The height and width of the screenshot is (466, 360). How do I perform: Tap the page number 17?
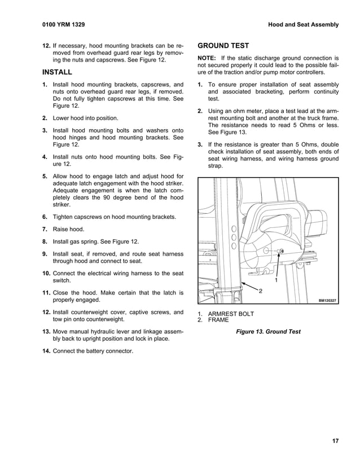[335, 441]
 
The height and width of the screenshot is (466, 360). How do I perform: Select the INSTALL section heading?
[57, 72]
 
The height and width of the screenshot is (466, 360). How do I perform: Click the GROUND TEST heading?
[223, 46]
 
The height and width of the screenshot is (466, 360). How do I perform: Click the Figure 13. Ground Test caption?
[268, 332]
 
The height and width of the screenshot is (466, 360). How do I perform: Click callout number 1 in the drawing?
[276, 280]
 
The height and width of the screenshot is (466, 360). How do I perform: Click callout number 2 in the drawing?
[260, 290]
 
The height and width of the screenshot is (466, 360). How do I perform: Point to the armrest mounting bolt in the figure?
[282, 250]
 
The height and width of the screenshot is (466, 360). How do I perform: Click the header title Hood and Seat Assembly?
[303, 25]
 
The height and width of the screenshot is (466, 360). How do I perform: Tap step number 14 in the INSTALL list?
[46, 351]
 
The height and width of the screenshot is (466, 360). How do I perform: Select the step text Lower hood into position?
[86, 118]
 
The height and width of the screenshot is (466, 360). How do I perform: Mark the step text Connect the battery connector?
[93, 351]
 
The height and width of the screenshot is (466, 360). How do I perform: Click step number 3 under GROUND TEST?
[201, 144]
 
